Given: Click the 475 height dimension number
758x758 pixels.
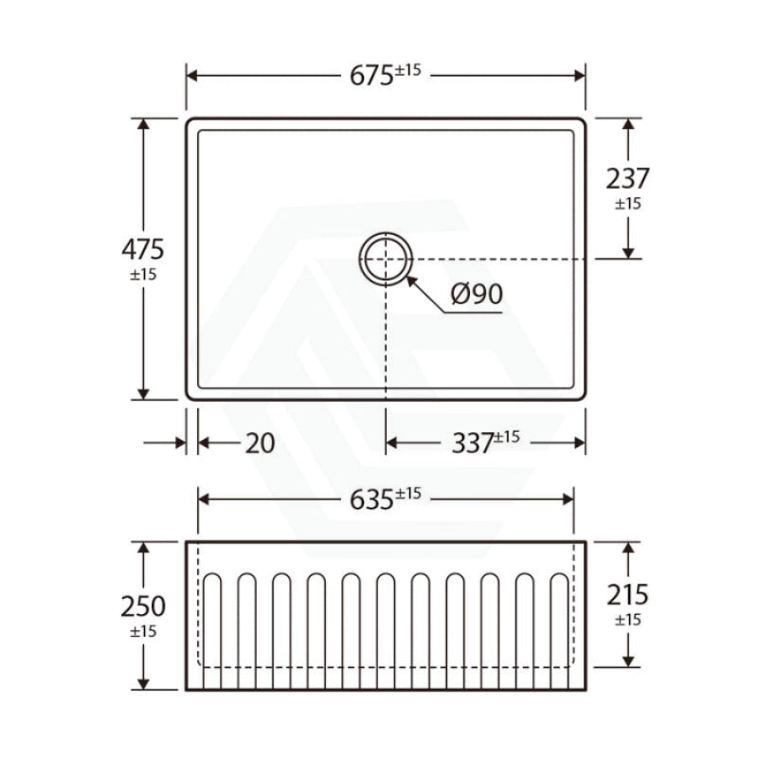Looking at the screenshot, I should tap(143, 249).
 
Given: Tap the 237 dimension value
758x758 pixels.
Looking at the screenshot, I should tap(627, 178).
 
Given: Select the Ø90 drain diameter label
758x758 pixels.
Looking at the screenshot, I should tap(477, 295).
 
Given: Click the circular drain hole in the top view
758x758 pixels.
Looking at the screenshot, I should tap(386, 259).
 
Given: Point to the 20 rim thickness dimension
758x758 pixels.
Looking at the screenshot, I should tap(260, 442).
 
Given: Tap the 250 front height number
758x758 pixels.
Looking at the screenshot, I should tap(143, 605).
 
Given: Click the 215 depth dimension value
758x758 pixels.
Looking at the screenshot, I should tap(627, 595).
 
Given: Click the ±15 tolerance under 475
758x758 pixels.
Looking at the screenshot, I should tap(143, 274).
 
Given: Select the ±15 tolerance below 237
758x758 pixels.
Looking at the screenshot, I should tap(627, 203).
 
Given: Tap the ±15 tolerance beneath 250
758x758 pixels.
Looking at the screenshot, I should tap(143, 630).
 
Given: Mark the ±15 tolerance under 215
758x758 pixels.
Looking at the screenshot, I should tap(627, 620).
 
